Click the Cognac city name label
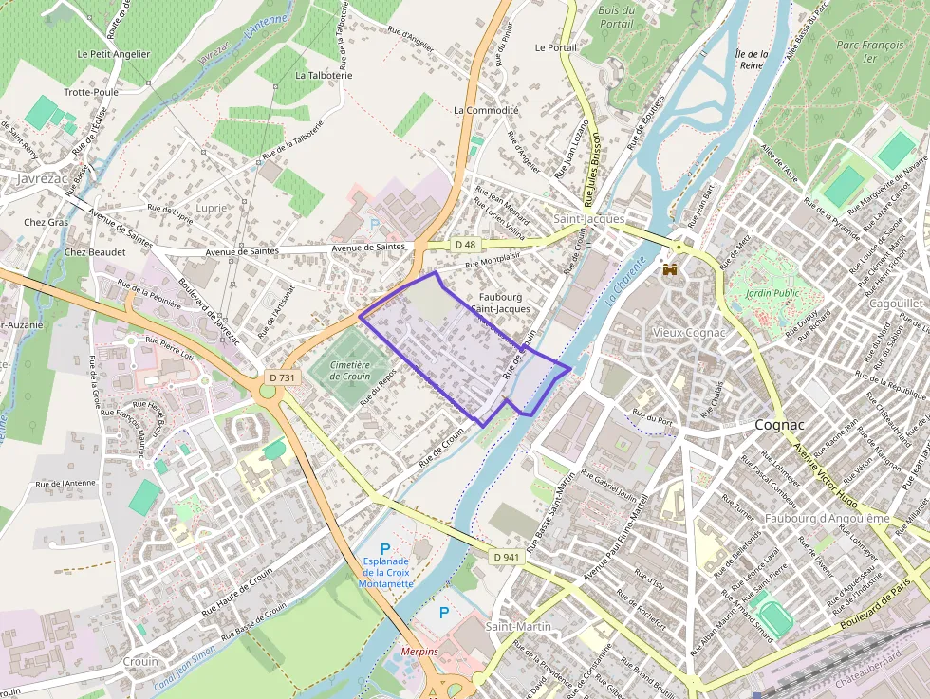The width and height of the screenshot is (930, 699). pos(779,425)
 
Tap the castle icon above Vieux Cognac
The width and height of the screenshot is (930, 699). pos(671,269)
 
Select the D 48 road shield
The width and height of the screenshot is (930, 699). pos(465,245)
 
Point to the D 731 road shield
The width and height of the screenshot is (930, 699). pos(282,377)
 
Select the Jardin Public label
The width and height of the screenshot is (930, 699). pos(772,293)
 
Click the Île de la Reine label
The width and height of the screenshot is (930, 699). pos(751,61)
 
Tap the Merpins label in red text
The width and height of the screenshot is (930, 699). pos(418,652)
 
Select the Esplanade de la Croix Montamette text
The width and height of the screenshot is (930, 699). pos(385,572)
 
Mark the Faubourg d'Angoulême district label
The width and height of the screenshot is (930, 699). pos(827,518)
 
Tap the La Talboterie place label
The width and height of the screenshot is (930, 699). pos(324,74)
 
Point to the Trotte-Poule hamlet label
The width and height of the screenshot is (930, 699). pos(91,92)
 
